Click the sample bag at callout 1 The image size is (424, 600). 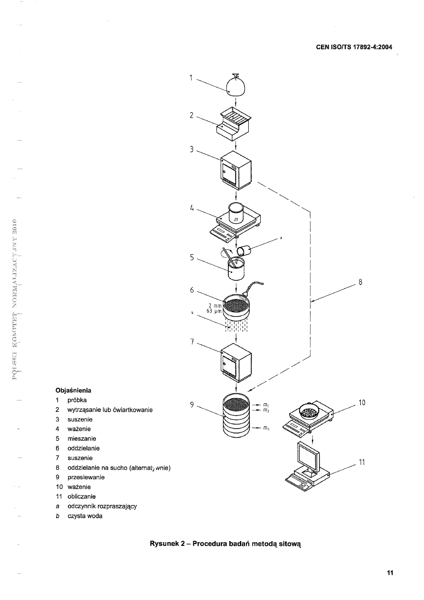click(x=236, y=87)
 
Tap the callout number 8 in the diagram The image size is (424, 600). click(x=360, y=282)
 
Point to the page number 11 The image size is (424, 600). click(x=390, y=572)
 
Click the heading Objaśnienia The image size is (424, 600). click(x=74, y=390)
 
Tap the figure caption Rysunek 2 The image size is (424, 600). click(x=226, y=543)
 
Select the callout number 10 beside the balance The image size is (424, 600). click(x=361, y=403)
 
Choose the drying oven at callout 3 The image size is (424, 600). click(x=236, y=169)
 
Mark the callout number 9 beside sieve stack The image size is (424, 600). click(x=192, y=404)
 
